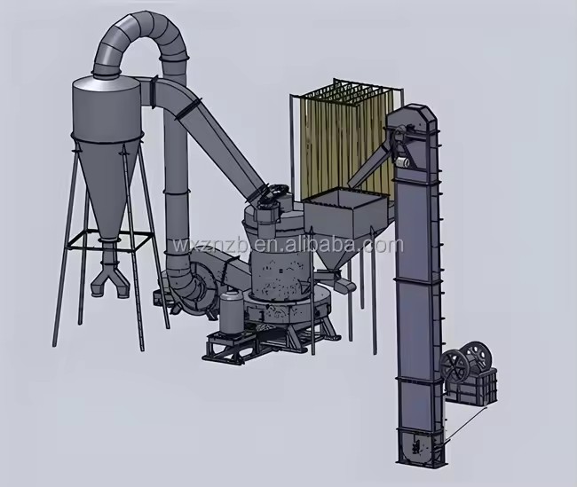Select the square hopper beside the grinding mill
[x=345, y=213]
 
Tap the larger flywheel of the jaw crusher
[x=478, y=357]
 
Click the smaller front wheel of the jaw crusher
[x=454, y=366]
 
